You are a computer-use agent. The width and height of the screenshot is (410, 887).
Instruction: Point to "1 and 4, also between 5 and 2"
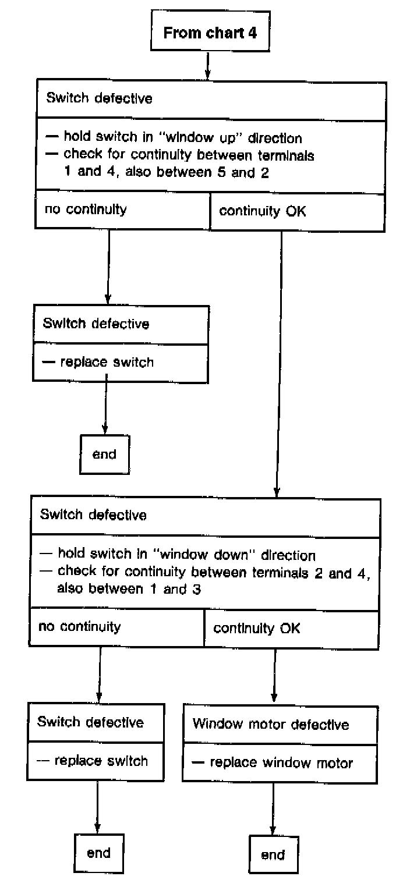point(166,173)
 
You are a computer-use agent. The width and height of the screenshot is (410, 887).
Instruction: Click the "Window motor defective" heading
point(271,724)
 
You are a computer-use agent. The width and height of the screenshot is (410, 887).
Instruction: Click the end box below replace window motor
point(273,854)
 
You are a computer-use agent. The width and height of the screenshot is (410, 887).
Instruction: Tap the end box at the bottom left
point(98,853)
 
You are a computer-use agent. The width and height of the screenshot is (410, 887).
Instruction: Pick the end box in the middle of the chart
point(104,454)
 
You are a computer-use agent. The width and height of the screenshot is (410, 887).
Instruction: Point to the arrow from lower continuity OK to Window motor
point(274,675)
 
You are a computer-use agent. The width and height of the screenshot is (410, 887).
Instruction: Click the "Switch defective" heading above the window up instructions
point(99,98)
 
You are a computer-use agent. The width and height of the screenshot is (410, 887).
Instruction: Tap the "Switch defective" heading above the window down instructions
point(93,515)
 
